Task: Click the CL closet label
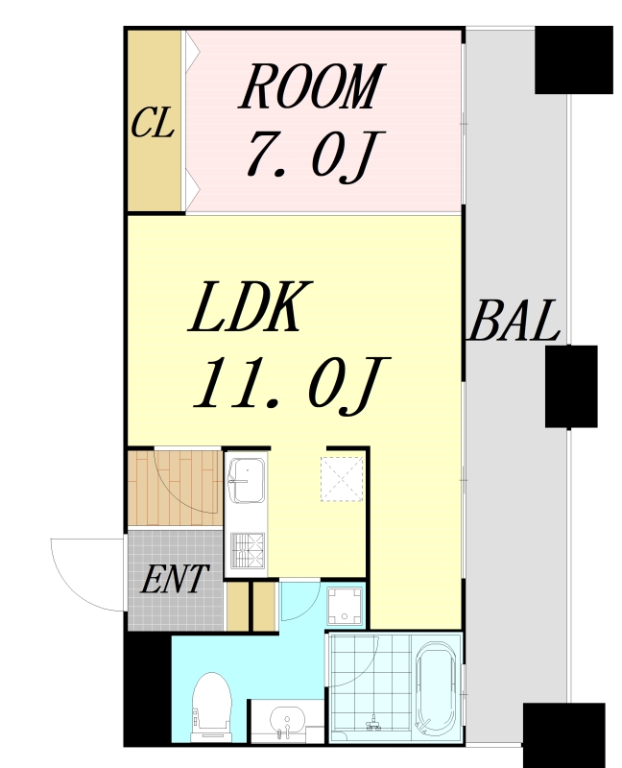pyautogui.click(x=153, y=124)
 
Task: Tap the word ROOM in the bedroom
pyautogui.click(x=310, y=87)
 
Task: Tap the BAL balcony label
pyautogui.click(x=514, y=322)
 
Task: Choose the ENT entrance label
pyautogui.click(x=175, y=580)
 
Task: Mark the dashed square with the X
pyautogui.click(x=343, y=478)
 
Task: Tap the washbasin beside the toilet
pyautogui.click(x=285, y=720)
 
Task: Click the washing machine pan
pyautogui.click(x=345, y=606)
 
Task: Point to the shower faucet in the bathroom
pyautogui.click(x=372, y=721)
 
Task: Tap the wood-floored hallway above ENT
pyautogui.click(x=175, y=488)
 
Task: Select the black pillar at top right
pyautogui.click(x=573, y=60)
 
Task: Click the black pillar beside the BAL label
pyautogui.click(x=571, y=386)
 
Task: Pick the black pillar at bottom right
pyautogui.click(x=563, y=734)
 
